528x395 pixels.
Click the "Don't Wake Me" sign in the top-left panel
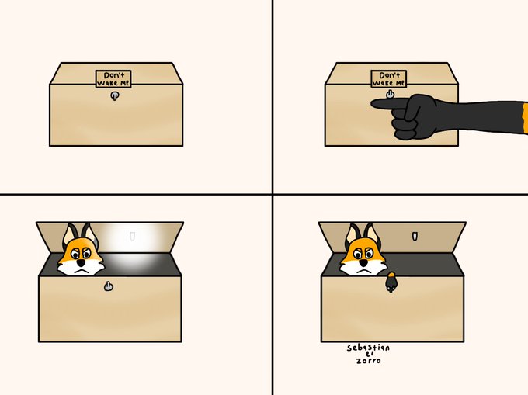click(113, 78)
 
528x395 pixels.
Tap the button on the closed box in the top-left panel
click(114, 96)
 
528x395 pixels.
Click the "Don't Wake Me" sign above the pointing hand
click(389, 78)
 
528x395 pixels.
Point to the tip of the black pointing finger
click(372, 104)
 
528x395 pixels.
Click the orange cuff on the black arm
click(525, 119)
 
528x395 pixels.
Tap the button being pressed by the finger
click(390, 94)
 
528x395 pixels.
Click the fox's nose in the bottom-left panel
click(81, 262)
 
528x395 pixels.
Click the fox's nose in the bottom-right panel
click(363, 262)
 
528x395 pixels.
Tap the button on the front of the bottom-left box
click(108, 286)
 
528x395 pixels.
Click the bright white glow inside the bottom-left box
click(134, 248)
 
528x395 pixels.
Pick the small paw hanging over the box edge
click(391, 282)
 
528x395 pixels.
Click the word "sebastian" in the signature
click(368, 348)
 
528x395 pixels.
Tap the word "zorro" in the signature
click(368, 361)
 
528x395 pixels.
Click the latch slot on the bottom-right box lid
click(415, 236)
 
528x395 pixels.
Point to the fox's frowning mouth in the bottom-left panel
click(82, 270)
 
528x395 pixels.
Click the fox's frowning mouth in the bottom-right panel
click(364, 270)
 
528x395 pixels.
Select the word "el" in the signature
click(369, 354)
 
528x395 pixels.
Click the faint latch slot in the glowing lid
click(132, 236)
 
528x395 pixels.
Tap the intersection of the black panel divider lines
click(273, 194)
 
